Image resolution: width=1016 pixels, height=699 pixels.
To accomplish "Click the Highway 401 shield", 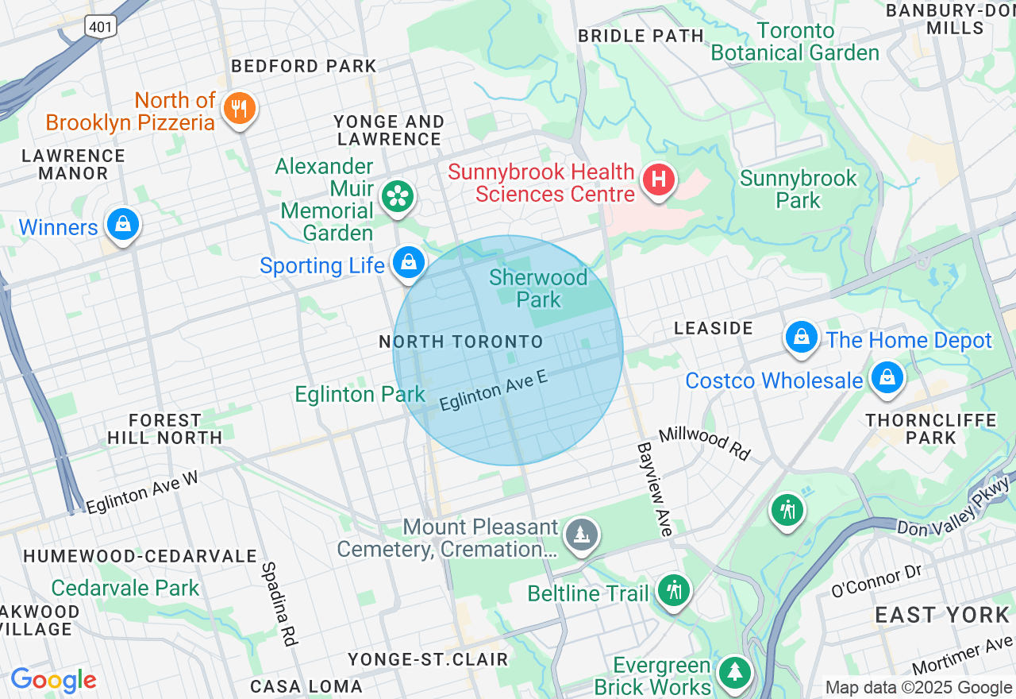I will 102,25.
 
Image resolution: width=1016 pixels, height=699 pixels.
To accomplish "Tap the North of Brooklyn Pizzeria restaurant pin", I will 238,108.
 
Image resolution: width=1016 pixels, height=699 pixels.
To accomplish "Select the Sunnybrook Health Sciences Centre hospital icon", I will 658,180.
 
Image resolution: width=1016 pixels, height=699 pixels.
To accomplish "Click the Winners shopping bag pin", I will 123,225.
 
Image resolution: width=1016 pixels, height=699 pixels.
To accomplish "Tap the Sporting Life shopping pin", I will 409,261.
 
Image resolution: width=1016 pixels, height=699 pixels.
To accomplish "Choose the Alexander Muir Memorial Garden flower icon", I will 397,196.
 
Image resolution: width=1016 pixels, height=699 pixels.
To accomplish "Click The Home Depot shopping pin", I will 802,338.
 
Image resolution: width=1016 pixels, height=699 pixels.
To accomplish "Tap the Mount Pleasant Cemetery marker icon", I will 582,535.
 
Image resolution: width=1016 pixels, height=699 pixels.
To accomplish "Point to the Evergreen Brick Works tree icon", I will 735,672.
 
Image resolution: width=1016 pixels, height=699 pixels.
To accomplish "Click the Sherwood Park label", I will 538,288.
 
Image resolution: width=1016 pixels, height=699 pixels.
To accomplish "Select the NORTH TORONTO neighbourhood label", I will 460,342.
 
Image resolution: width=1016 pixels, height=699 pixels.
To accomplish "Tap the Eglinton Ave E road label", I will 493,390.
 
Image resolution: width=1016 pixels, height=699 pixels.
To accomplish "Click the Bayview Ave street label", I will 653,489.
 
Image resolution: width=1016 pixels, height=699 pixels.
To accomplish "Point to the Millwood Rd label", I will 704,443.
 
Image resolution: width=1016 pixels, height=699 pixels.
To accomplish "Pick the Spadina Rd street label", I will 279,603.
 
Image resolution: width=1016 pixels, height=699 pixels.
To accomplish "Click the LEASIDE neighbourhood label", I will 713,328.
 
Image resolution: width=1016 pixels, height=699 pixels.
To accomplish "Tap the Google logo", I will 53,680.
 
